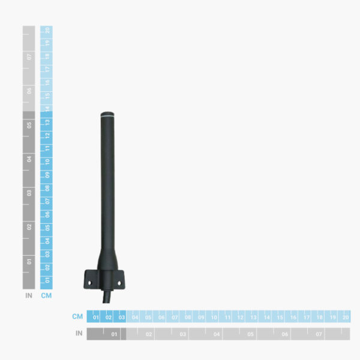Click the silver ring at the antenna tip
click(108, 115)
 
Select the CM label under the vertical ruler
click(46, 295)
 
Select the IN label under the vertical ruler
click(28, 295)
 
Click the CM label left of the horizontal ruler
click(77, 316)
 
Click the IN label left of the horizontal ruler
click(79, 333)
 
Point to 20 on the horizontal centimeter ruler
click(345, 317)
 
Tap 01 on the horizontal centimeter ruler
click(96, 317)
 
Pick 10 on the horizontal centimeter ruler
click(214, 317)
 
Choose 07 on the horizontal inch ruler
click(319, 334)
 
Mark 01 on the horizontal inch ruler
click(115, 334)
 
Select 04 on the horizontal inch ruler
click(217, 334)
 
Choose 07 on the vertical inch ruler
click(29, 57)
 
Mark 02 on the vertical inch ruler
click(29, 227)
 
